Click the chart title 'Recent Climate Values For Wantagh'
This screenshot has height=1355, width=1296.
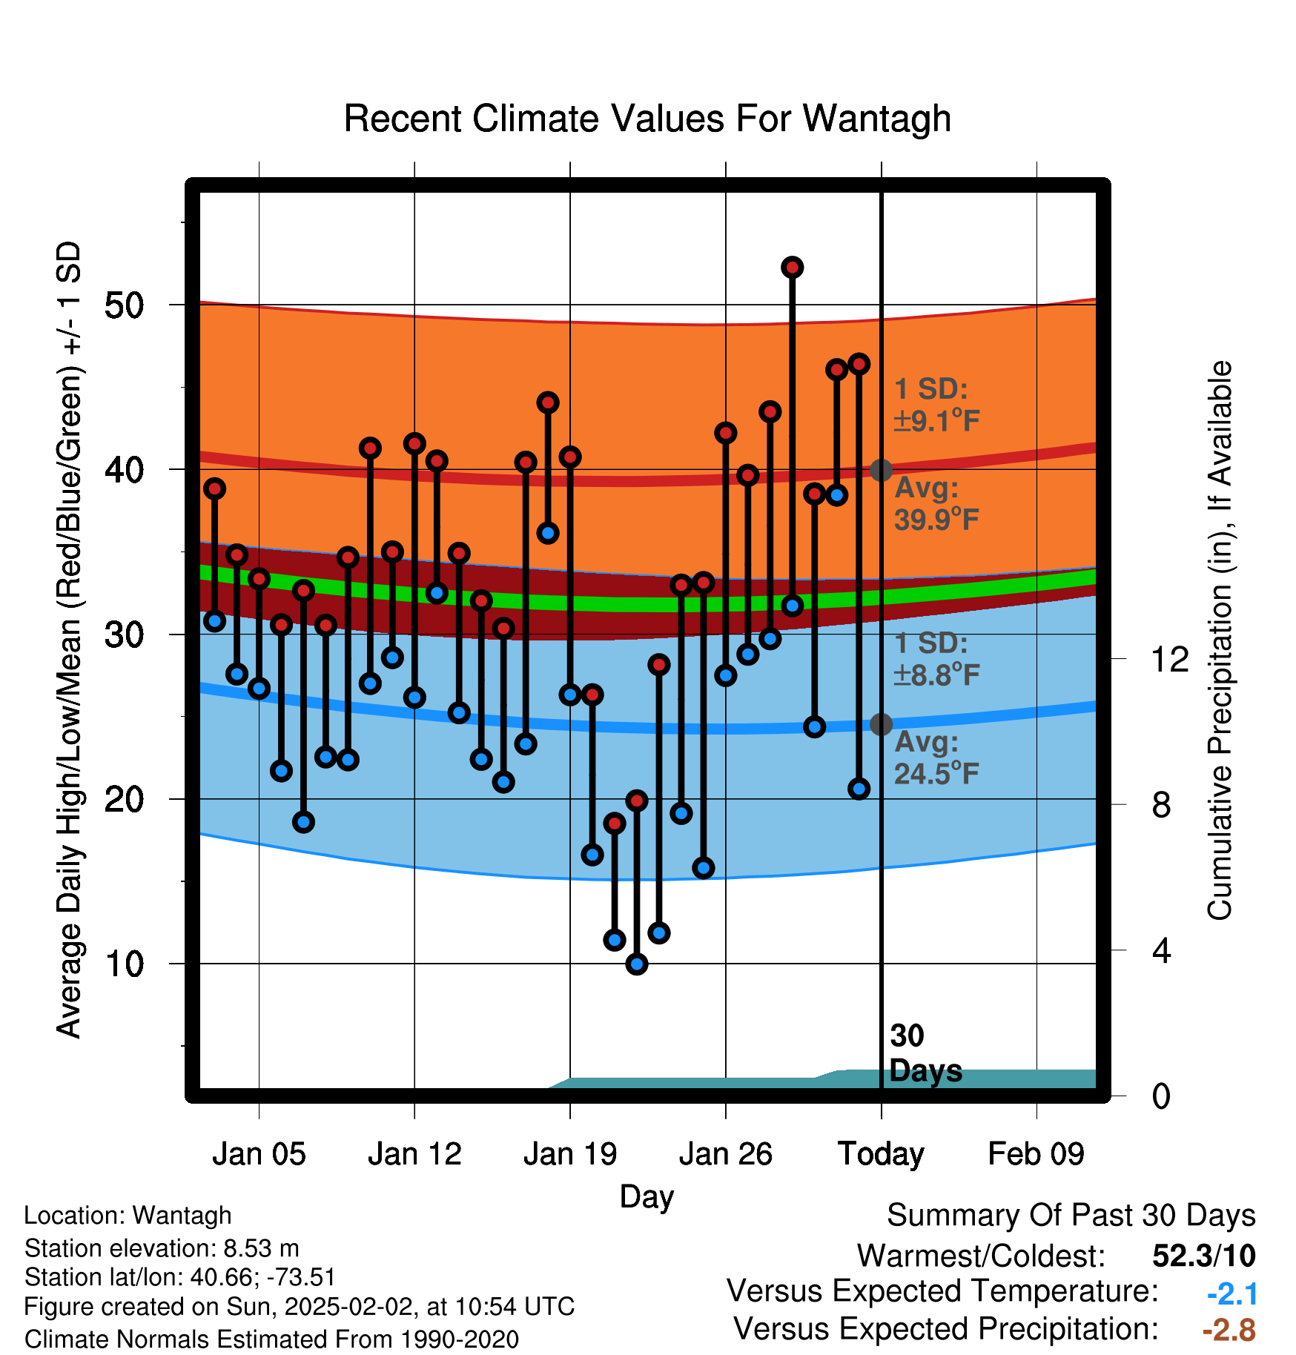[x=647, y=119]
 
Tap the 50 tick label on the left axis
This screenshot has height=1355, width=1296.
[x=125, y=305]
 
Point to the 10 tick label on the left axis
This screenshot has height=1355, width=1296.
[x=125, y=964]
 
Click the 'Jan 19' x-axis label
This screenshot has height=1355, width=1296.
[x=570, y=1154]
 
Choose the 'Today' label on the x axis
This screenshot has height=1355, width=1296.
[x=881, y=1154]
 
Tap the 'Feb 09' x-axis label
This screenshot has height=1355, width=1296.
[x=1037, y=1154]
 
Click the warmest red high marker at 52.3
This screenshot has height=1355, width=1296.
[x=793, y=268]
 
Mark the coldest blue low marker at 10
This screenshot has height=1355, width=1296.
[x=637, y=964]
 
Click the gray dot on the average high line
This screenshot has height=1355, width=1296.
[x=881, y=470]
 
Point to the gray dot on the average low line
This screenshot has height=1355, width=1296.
[x=881, y=724]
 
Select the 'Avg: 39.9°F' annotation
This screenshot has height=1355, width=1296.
[x=937, y=503]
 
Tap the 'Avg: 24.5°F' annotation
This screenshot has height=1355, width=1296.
[x=937, y=758]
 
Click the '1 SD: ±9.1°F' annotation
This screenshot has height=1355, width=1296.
[x=937, y=405]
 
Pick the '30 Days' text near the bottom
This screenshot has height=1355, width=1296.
[x=925, y=1053]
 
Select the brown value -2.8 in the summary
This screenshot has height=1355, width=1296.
[x=1229, y=1330]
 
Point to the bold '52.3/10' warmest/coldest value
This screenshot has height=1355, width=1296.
[x=1204, y=1256]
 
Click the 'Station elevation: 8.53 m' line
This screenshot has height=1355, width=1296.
[x=162, y=1248]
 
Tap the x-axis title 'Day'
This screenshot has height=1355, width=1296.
[x=647, y=1197]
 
